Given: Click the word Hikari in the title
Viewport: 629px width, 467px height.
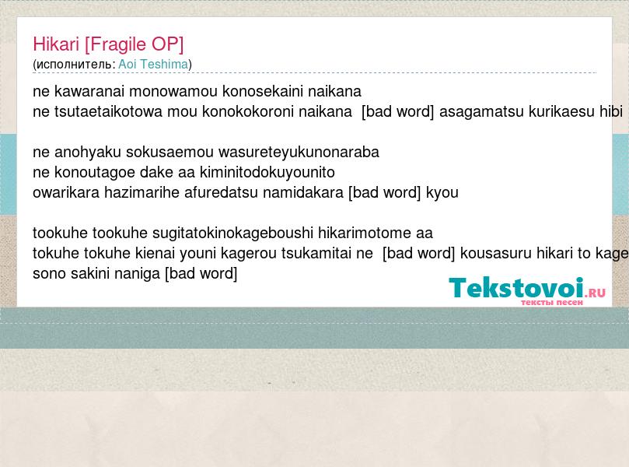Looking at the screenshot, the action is click(x=56, y=44).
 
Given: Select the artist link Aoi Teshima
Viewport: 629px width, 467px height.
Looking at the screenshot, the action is click(x=153, y=65).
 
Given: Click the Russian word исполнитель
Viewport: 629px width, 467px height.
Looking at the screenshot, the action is click(x=75, y=65).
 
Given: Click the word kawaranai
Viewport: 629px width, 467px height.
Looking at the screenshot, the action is click(x=89, y=92).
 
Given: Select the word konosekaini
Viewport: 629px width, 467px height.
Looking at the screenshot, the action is click(x=263, y=92).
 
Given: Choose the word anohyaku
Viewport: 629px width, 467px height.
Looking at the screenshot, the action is click(x=87, y=153).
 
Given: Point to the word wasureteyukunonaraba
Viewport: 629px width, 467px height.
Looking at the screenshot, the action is click(x=299, y=153).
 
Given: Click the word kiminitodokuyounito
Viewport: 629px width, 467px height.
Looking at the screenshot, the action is click(x=267, y=173).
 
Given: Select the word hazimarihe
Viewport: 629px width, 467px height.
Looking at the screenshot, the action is click(x=142, y=193).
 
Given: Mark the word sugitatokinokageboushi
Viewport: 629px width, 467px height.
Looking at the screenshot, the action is click(x=232, y=233).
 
